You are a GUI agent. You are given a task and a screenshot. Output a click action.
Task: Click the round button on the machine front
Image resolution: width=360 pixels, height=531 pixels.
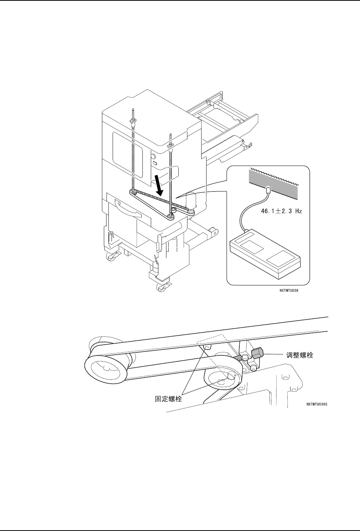[153, 156]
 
